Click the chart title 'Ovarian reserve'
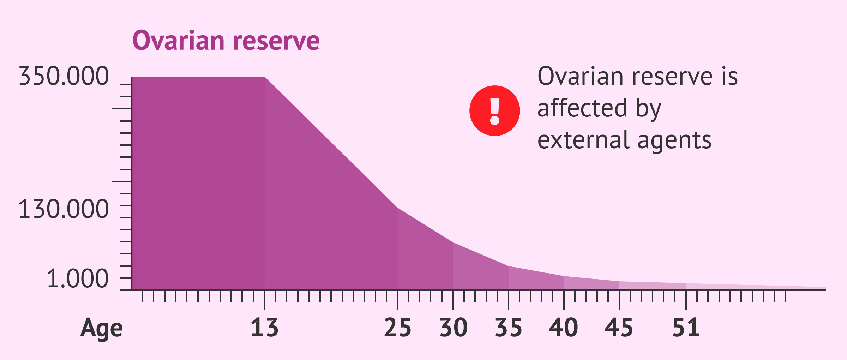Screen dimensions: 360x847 pos(226,41)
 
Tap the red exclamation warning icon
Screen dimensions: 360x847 pos(494,111)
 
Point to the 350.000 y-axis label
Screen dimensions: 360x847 pos(64,76)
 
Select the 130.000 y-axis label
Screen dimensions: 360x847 pos(64,209)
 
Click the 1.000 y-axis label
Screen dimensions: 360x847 pos(77,279)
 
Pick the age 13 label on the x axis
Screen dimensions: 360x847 pos(264,328)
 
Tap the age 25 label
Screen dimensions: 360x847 pos(397,328)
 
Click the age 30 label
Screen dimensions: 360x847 pos(453,328)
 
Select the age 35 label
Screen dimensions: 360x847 pos(509,328)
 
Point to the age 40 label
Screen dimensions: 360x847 pos(564,328)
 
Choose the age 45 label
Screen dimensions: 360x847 pos(619,328)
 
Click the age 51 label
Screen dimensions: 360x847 pos(686,328)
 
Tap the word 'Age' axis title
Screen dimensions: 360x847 pos(102,328)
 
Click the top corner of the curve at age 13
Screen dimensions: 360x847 pos(265,78)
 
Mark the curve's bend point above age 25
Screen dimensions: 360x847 pos(398,208)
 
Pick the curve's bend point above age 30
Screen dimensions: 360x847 pos(453,243)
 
